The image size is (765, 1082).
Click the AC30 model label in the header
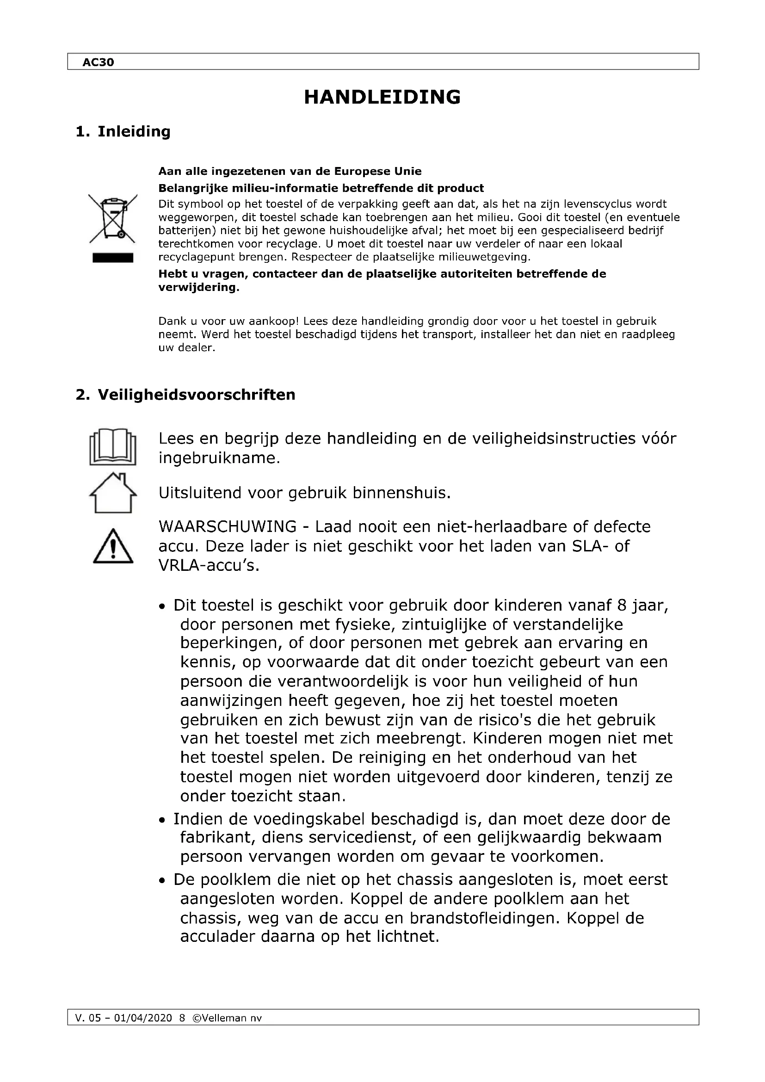(98, 62)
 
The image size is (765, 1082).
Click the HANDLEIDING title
(382, 97)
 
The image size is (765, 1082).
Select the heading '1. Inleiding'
(123, 131)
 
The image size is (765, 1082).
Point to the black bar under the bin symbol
(112, 258)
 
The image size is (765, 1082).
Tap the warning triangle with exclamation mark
(112, 547)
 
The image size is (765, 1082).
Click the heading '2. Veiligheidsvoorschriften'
(185, 395)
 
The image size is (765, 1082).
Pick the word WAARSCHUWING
(227, 526)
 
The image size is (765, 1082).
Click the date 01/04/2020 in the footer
(143, 1018)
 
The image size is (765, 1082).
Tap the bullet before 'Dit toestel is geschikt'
(162, 606)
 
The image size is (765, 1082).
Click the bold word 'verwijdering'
(197, 287)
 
